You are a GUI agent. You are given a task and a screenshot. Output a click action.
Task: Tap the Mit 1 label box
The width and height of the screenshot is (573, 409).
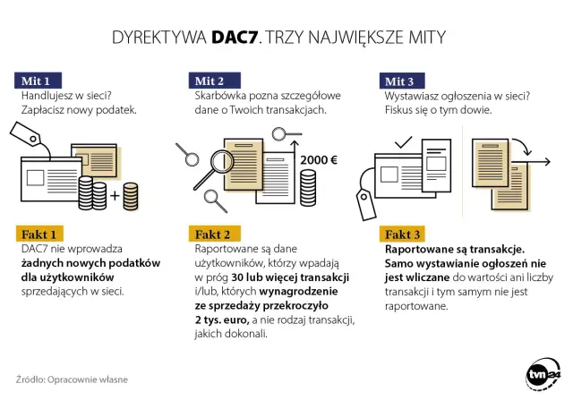(36, 80)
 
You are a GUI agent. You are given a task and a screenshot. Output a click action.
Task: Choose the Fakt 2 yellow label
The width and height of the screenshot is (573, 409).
(213, 234)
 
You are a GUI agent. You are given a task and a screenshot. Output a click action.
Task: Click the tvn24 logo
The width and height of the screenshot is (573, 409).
(541, 377)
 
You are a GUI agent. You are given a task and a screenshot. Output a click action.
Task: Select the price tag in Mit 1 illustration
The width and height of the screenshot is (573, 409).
(47, 135)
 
